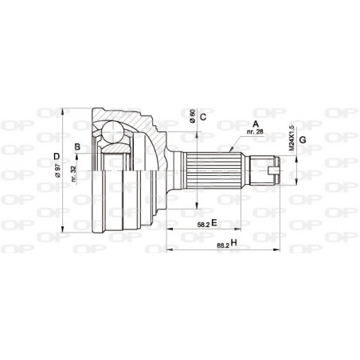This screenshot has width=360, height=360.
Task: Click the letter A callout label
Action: (x=255, y=123)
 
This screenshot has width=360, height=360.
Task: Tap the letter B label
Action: (x=77, y=146)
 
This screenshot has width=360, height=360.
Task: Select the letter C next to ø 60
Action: (x=203, y=117)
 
